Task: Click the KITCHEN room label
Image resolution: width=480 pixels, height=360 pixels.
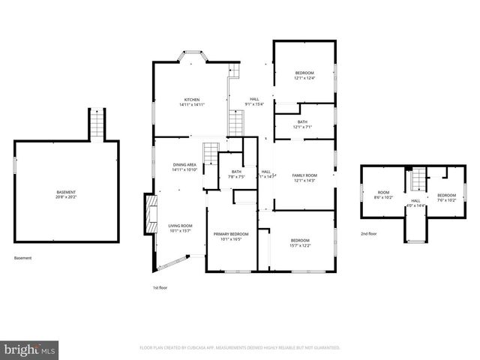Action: tap(192, 100)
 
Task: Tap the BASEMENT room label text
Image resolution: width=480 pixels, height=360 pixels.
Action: tap(65, 193)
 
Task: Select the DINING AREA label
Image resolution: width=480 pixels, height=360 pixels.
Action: tap(184, 164)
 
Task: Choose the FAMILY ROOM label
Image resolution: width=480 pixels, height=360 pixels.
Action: tap(304, 175)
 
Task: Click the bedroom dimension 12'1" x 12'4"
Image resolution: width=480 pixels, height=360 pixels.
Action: tap(304, 77)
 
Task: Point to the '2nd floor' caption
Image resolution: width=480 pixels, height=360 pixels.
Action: tap(368, 234)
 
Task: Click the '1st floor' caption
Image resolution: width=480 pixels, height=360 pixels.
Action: tap(160, 287)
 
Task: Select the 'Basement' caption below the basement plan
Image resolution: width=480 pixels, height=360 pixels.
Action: tap(23, 258)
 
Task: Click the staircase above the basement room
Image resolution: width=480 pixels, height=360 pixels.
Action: tap(96, 124)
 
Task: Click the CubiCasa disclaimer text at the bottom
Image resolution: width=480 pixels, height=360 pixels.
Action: tap(240, 348)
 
